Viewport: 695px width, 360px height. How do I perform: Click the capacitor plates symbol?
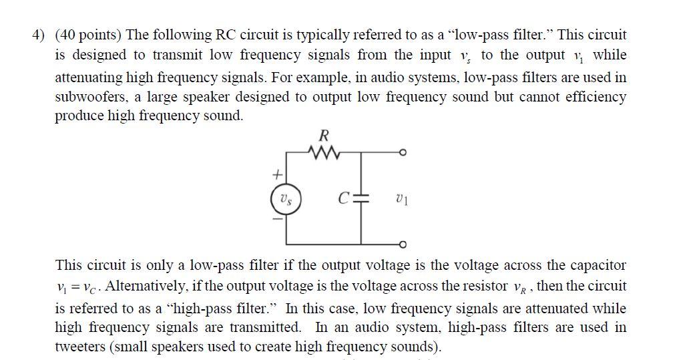click(362, 198)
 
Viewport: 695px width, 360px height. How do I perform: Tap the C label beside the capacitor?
click(344, 198)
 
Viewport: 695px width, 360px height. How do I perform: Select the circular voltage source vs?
click(286, 199)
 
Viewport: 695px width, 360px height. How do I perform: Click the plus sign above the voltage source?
click(276, 175)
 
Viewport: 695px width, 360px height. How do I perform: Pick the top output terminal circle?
click(402, 154)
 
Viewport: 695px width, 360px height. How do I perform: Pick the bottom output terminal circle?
click(402, 243)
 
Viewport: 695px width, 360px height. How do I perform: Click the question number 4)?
click(41, 35)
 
